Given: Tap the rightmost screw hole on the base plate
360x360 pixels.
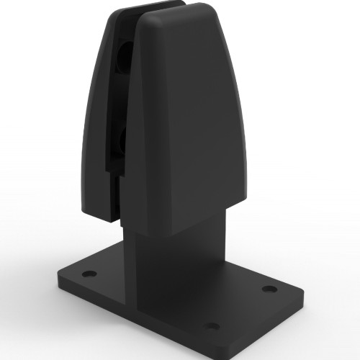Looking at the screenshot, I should pyautogui.click(x=269, y=289).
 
